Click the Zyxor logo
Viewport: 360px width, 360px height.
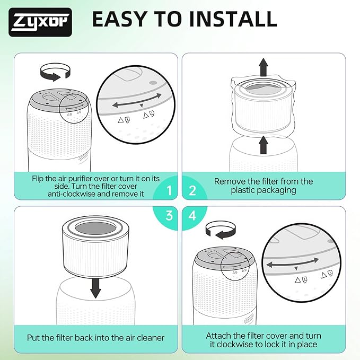pyautogui.click(x=40, y=22)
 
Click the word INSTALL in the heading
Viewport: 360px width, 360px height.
pyautogui.click(x=233, y=19)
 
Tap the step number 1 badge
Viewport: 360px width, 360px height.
pyautogui.click(x=169, y=190)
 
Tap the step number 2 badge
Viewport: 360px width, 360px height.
pyautogui.click(x=192, y=190)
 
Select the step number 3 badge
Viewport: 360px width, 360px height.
pyautogui.click(x=169, y=216)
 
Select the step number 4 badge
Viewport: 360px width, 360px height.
pyautogui.click(x=192, y=216)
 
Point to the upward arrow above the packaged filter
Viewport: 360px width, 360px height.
pyautogui.click(x=264, y=67)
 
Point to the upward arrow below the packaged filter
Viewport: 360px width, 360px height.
pyautogui.click(x=264, y=145)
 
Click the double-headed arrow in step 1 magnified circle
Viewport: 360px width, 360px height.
pyautogui.click(x=137, y=101)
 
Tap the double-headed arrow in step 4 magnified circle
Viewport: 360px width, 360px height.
pyautogui.click(x=292, y=262)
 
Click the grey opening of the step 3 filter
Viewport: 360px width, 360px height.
pyautogui.click(x=95, y=229)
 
